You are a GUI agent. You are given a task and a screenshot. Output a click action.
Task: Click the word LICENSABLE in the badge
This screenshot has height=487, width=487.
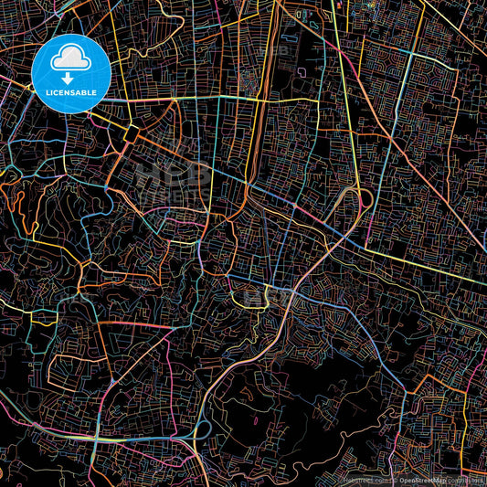tap(70, 92)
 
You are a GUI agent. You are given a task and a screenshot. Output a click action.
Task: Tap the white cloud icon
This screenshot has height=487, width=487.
tap(70, 59)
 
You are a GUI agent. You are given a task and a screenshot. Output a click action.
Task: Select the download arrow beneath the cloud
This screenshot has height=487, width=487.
tap(70, 78)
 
